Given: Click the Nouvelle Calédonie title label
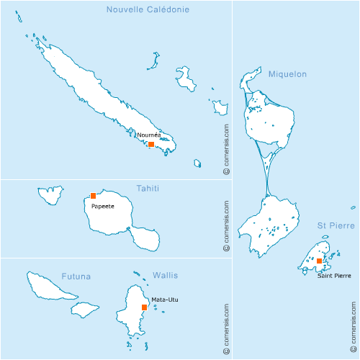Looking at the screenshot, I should (148, 9).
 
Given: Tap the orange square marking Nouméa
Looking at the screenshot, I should (151, 144).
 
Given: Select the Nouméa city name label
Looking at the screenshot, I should (148, 135).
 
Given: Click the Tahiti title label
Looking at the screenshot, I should (148, 189).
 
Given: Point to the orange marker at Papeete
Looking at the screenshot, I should (93, 196).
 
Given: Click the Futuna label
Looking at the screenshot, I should (76, 276).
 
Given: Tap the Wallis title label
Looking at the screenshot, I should (165, 276).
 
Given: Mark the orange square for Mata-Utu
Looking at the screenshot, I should (145, 307).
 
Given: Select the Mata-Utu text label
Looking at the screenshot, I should (164, 300).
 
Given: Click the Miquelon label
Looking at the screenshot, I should (287, 74).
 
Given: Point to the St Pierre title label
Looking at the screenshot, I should (336, 225).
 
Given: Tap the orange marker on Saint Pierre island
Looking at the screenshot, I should (320, 261).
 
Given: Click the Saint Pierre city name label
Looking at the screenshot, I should (334, 275).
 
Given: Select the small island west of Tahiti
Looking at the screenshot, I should (50, 193).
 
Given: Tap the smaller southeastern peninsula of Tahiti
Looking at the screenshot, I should (146, 238).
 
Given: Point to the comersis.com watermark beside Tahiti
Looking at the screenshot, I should (225, 224).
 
